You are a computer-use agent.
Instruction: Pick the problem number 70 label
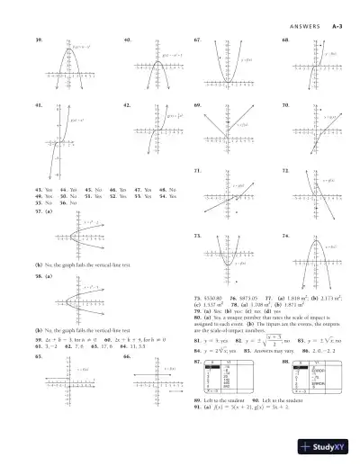pos(284,104)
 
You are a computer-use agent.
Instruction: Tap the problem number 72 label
pos(284,169)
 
